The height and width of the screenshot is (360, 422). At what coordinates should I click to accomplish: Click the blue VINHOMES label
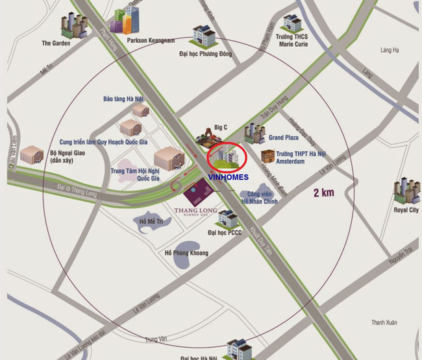(x=229, y=176)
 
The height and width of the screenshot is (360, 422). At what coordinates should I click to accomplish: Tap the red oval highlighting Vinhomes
(x=227, y=156)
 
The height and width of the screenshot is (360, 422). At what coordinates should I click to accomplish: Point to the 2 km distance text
(x=323, y=192)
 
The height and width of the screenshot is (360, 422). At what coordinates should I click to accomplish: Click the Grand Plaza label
(x=284, y=138)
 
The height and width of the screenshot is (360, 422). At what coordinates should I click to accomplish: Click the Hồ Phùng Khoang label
(x=187, y=252)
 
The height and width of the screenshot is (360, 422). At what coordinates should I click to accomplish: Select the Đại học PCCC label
(x=225, y=232)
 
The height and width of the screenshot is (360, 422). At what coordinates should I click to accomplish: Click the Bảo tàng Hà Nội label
(x=122, y=99)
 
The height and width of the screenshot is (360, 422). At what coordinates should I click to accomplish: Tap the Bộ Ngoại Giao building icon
(x=31, y=154)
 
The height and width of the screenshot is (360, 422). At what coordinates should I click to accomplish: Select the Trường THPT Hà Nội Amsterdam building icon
(x=267, y=156)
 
